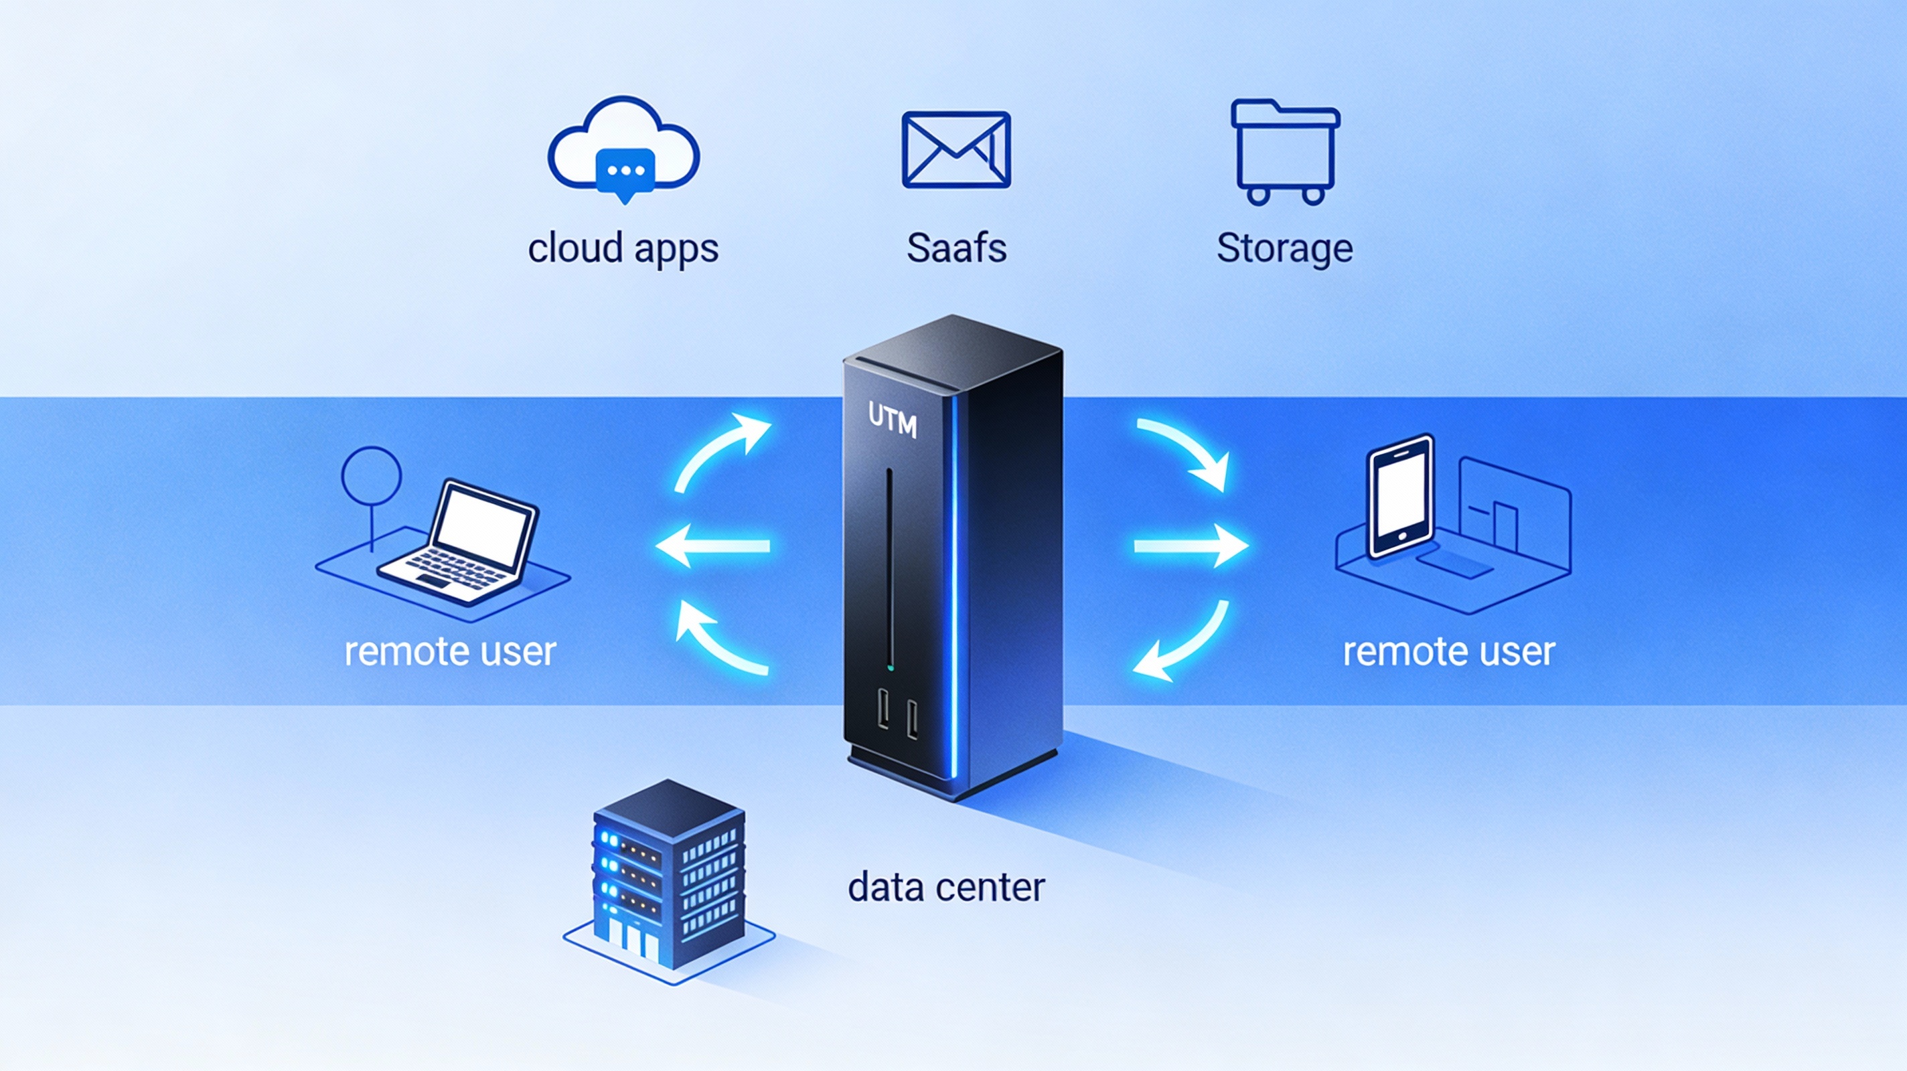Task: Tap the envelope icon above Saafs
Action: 956,149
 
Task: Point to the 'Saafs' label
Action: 956,248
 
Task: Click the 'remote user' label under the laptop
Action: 450,652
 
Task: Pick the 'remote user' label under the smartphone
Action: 1449,652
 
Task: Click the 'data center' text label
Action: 946,888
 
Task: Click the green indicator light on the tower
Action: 890,668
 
